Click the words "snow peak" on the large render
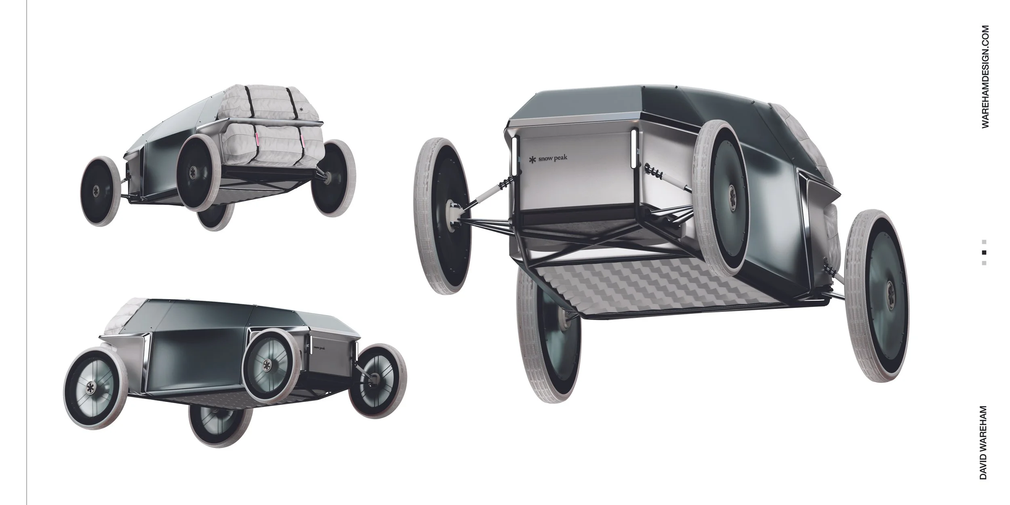point(553,158)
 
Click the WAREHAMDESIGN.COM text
point(985,77)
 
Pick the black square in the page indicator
point(984,253)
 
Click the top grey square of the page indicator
point(984,242)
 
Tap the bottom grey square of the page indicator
point(984,263)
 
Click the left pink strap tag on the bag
point(257,139)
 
